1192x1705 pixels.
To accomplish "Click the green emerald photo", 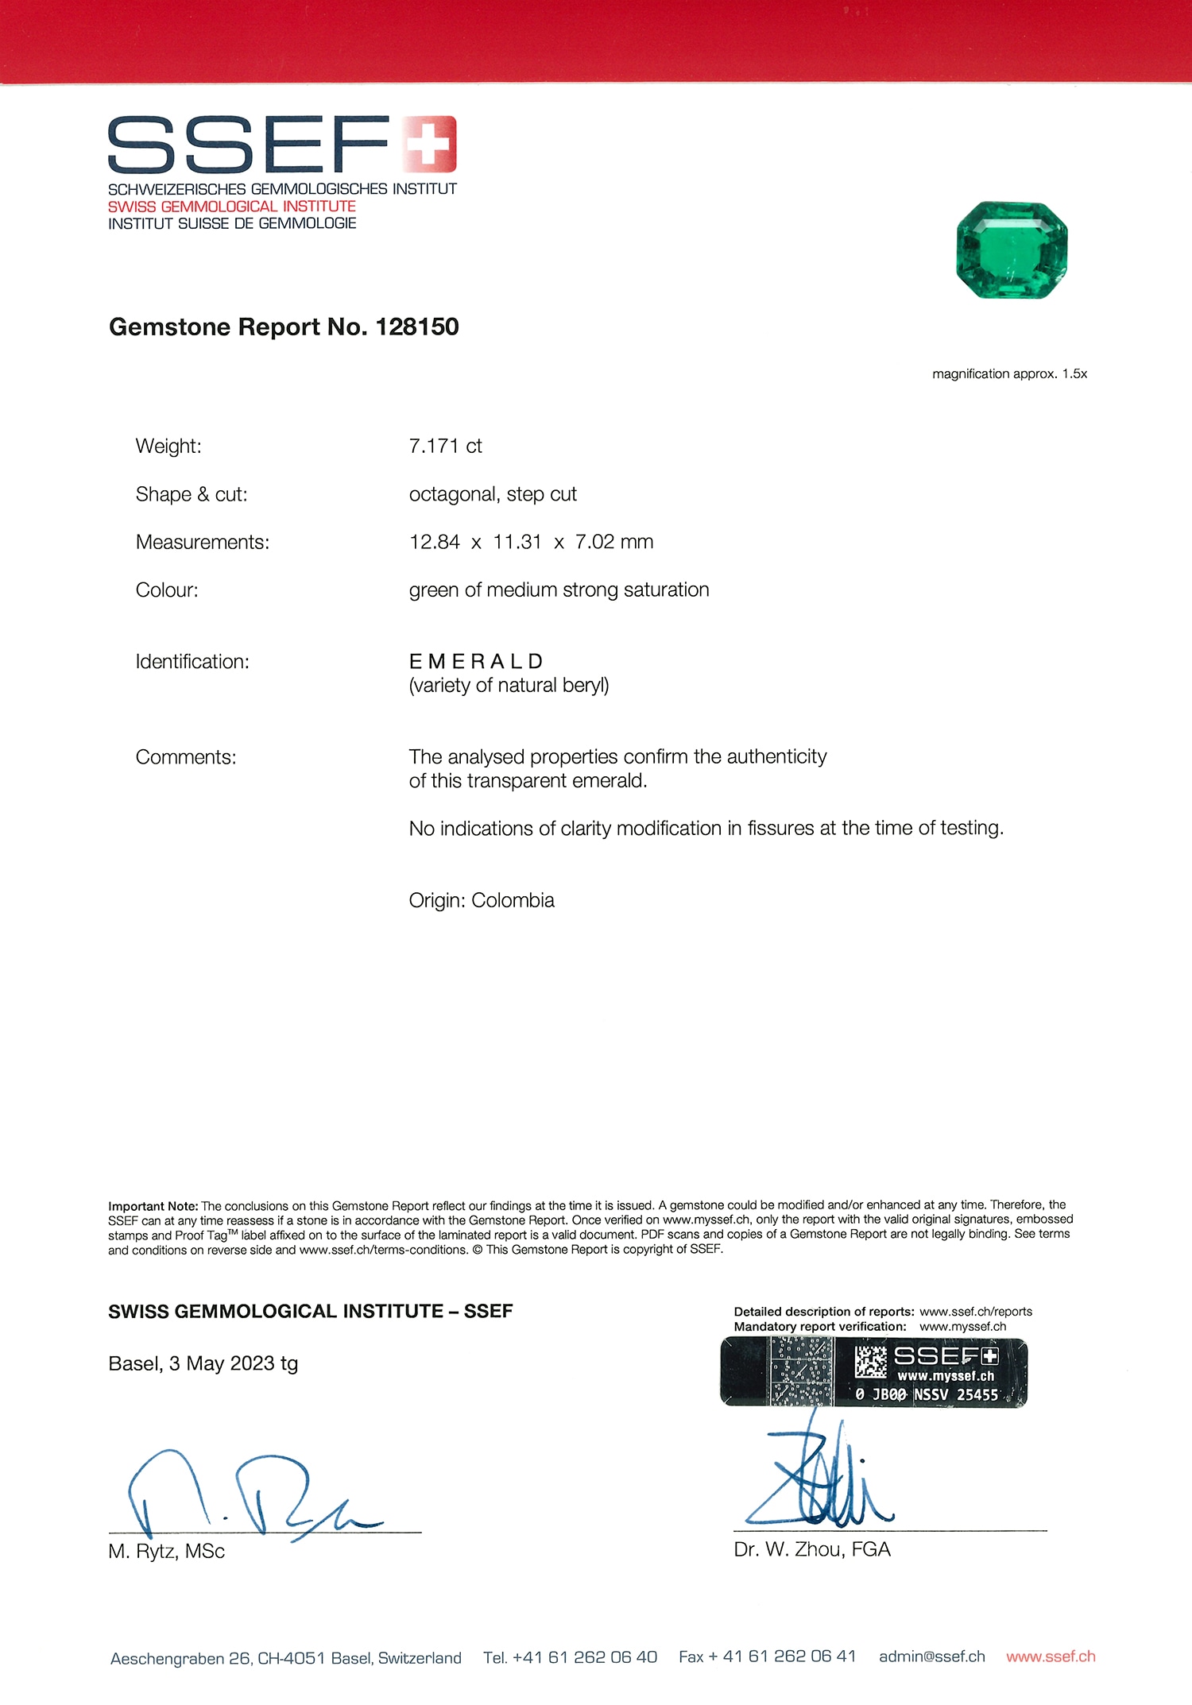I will pyautogui.click(x=1012, y=250).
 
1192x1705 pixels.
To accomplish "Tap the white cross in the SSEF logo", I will pyautogui.click(x=428, y=144).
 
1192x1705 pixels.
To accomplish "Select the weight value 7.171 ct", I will pyautogui.click(x=445, y=447).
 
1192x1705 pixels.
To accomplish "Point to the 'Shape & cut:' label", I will pyautogui.click(x=192, y=495).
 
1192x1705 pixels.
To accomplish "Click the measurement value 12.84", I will pyautogui.click(x=434, y=543).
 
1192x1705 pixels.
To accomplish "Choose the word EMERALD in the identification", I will pyautogui.click(x=476, y=662).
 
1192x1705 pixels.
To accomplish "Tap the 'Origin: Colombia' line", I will pyautogui.click(x=482, y=901).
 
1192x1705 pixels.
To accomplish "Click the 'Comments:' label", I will pyautogui.click(x=186, y=757).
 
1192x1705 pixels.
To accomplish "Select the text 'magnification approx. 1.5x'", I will pyautogui.click(x=1009, y=374).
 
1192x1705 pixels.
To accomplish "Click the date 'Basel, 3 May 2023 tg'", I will pyautogui.click(x=203, y=1364).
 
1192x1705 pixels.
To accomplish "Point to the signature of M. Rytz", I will pyautogui.click(x=246, y=1494).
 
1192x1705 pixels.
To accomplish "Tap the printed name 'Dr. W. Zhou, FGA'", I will pyautogui.click(x=812, y=1549).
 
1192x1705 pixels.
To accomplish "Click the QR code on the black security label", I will pyautogui.click(x=870, y=1362).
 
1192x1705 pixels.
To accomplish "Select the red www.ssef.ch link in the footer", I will pyautogui.click(x=1051, y=1657).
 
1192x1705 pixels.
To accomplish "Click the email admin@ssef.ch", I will pyautogui.click(x=931, y=1657).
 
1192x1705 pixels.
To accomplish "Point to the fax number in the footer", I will pyautogui.click(x=767, y=1657).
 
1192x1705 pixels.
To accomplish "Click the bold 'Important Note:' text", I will pyautogui.click(x=153, y=1206).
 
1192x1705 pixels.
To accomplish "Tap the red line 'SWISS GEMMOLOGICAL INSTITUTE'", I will pyautogui.click(x=232, y=207).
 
